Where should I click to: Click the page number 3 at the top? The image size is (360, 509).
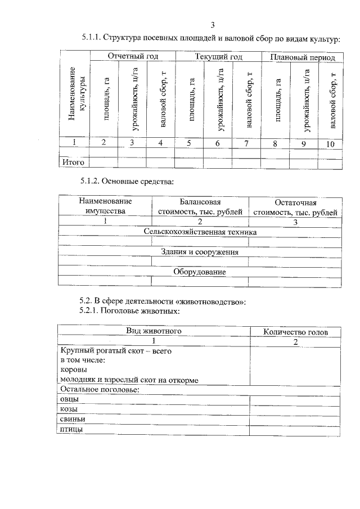pos(213,24)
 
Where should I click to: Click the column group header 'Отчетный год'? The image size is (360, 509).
pos(132,57)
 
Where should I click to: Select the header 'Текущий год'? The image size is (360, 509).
pos(218,57)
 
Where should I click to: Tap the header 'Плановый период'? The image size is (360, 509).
pos(302,57)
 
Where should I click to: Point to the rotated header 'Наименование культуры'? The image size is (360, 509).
pos(75,97)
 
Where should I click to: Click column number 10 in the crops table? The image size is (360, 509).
pos(330,144)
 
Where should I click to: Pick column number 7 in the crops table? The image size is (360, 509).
pos(246,143)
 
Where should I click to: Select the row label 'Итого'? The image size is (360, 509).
pos(73,163)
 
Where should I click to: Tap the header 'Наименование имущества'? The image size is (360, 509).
pos(105,206)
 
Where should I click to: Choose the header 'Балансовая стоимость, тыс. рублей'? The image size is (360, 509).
pos(200,206)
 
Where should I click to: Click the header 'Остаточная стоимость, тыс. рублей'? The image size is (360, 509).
pos(295,207)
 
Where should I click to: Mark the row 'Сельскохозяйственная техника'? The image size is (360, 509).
pos(200,232)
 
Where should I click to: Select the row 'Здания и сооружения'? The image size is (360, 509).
pos(200,252)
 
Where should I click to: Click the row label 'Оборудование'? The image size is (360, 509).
pos(200,272)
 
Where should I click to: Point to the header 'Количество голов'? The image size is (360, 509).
pos(295,332)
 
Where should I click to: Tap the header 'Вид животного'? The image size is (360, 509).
pos(153,331)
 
